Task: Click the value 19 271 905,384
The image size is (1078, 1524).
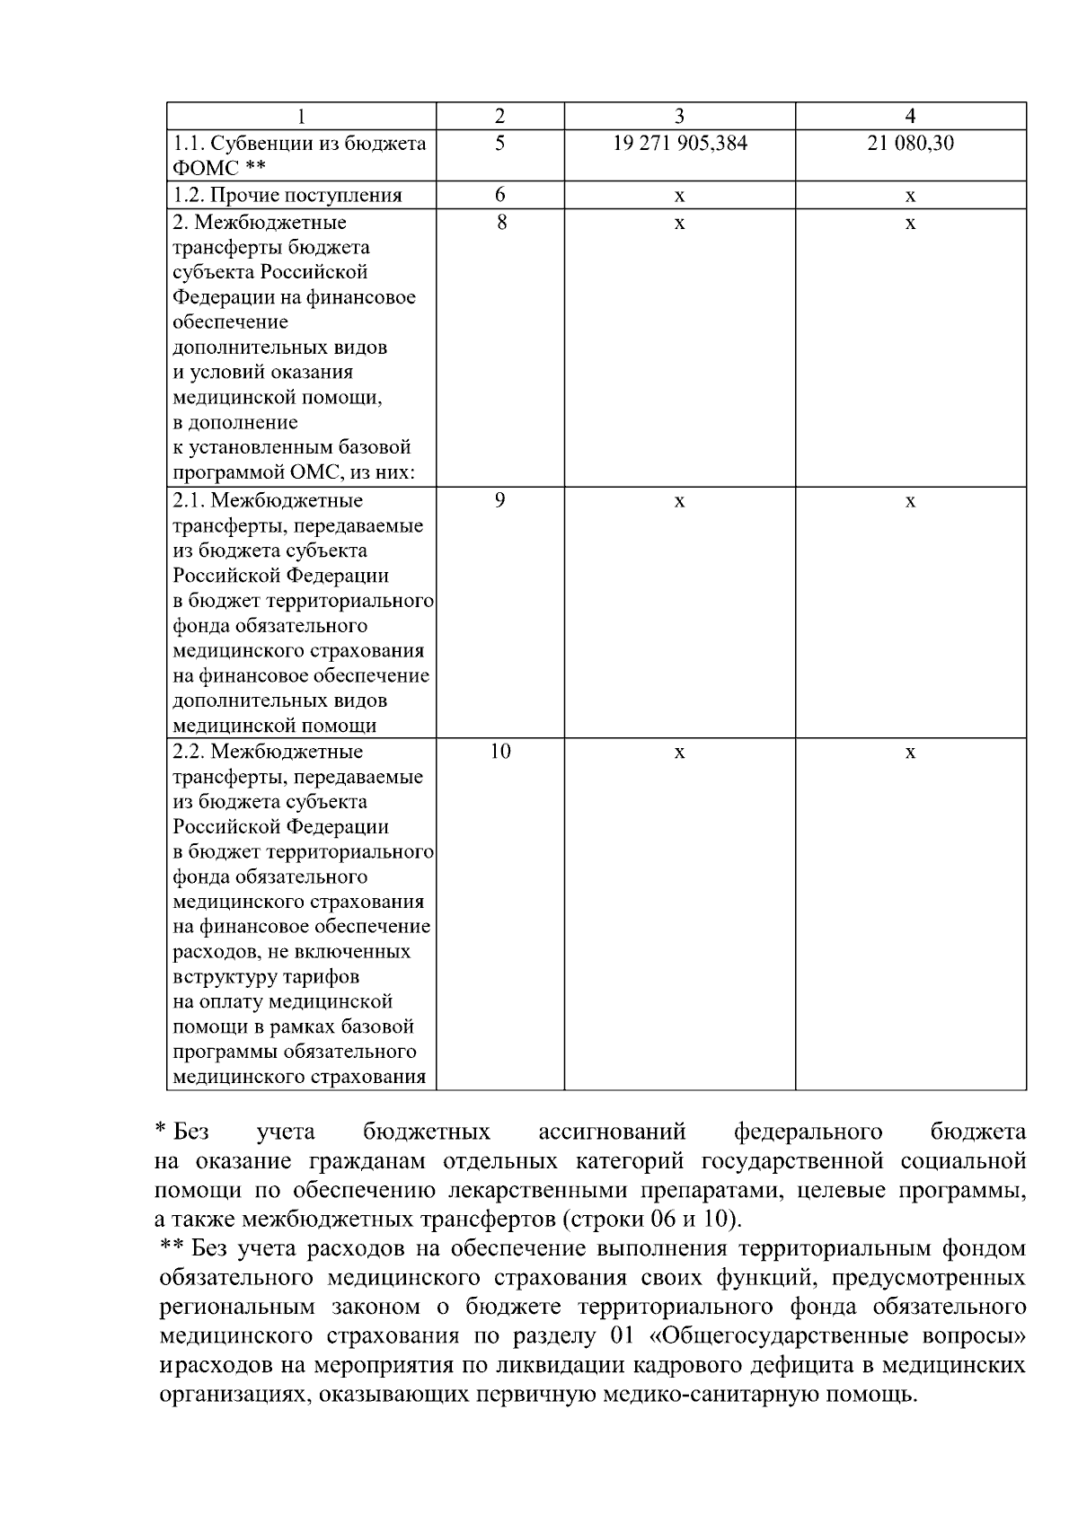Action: point(679,143)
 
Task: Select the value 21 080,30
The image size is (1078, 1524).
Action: point(910,143)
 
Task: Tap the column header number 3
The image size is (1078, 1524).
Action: point(679,116)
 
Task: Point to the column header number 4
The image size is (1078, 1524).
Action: point(910,116)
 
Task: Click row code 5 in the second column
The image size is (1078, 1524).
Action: point(499,143)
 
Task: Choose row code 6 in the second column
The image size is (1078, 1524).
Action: point(499,195)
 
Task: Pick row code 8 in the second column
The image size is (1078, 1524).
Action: point(499,222)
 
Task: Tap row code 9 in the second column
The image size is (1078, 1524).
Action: point(499,500)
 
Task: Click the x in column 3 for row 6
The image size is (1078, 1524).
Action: point(679,196)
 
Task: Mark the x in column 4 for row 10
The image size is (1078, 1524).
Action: point(910,753)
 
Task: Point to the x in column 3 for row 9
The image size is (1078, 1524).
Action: point(679,501)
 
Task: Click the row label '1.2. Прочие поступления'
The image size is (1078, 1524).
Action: point(287,195)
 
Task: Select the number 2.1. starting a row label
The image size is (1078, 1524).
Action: point(189,500)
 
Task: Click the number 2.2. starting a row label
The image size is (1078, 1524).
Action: point(189,752)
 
